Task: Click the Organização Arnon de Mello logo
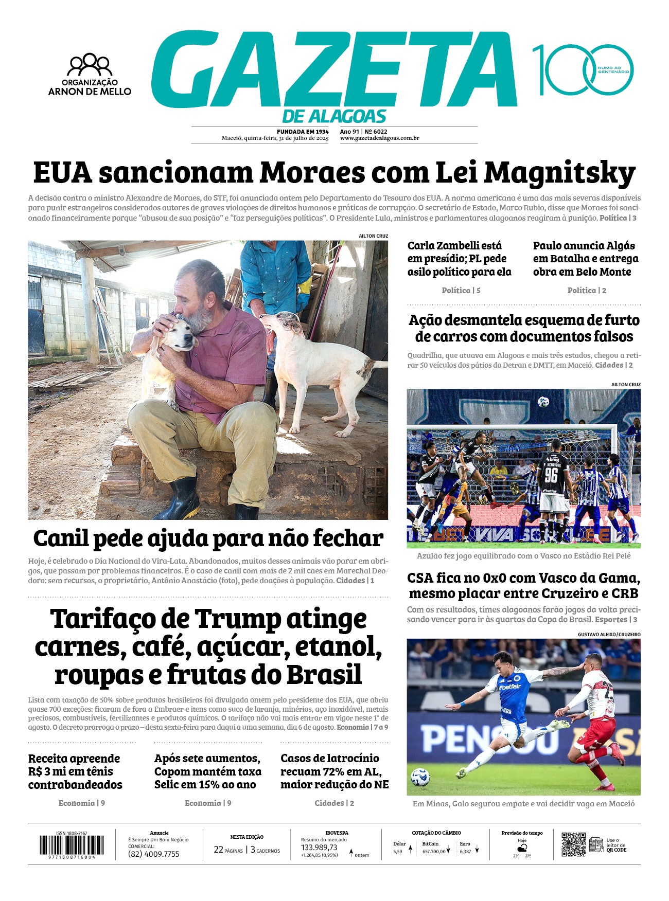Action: click(90, 75)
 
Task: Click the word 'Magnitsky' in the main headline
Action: click(559, 173)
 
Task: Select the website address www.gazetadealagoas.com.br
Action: click(379, 138)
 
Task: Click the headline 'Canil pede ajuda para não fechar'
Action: click(208, 538)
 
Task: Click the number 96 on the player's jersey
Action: click(551, 474)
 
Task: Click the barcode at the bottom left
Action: click(72, 845)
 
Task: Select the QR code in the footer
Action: click(573, 844)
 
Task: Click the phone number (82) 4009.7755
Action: click(154, 854)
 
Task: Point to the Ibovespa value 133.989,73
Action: click(319, 848)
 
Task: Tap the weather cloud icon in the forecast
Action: click(522, 847)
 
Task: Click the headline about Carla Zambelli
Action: click(459, 259)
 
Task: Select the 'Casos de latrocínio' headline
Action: click(334, 771)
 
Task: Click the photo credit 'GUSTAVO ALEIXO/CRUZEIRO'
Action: click(609, 635)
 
